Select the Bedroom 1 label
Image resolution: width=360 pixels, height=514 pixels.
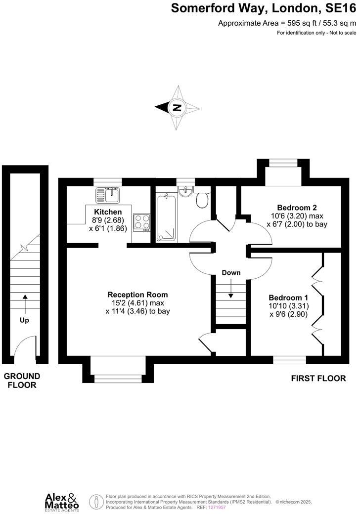pos(288,298)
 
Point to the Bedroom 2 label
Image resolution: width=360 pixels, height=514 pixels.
pos(297,208)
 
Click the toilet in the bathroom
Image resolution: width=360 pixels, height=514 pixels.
pos(202,200)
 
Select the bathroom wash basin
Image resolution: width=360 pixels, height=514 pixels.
pos(185,192)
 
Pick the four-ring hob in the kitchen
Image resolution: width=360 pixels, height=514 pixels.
pos(141,222)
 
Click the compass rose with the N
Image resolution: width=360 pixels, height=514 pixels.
pos(177,107)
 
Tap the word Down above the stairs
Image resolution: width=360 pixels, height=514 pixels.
pos(231,273)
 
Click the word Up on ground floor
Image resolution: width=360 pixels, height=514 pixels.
pos(24,320)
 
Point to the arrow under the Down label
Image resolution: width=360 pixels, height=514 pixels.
pos(231,290)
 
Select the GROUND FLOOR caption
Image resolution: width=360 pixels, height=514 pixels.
pos(22,381)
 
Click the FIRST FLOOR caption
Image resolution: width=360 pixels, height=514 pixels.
pos(318,379)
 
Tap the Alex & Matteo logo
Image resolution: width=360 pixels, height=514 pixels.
pos(62,501)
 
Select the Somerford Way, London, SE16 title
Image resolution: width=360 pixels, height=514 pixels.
pos(263,8)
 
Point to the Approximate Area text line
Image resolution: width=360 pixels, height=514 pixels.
pos(287,23)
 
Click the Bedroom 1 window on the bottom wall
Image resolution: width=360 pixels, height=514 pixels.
pos(289,360)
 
